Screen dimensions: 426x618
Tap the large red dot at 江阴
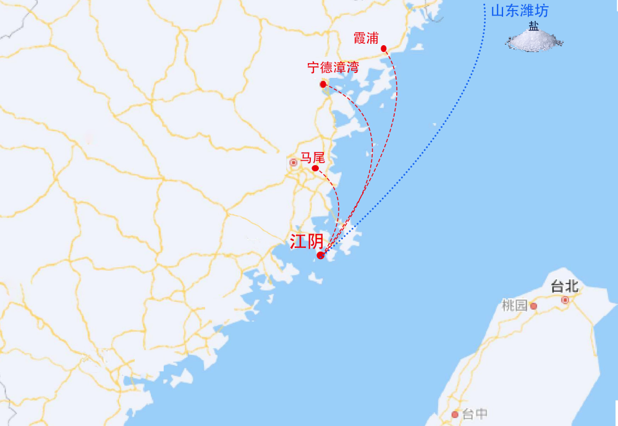pyautogui.click(x=320, y=255)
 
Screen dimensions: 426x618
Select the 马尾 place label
pyautogui.click(x=312, y=158)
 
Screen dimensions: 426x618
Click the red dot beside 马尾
pyautogui.click(x=315, y=168)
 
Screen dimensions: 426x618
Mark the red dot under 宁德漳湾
pyautogui.click(x=323, y=84)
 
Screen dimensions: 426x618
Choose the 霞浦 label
pyautogui.click(x=365, y=38)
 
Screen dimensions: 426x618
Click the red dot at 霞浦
pyautogui.click(x=384, y=48)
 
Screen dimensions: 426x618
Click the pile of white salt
pyautogui.click(x=535, y=41)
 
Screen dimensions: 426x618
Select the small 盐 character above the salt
pyautogui.click(x=533, y=26)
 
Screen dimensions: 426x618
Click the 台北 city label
pyautogui.click(x=564, y=286)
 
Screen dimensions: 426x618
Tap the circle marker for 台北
pyautogui.click(x=565, y=300)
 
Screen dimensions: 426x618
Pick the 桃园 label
pyautogui.click(x=515, y=305)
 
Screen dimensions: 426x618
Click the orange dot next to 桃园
pyautogui.click(x=533, y=306)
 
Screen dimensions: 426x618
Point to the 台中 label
pyautogui.click(x=475, y=414)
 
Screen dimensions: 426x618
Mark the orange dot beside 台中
pyautogui.click(x=455, y=414)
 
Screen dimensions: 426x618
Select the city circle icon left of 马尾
pyautogui.click(x=294, y=163)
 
